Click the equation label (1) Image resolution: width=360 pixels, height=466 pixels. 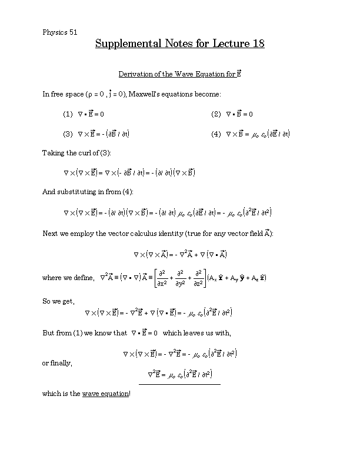(x=68, y=114)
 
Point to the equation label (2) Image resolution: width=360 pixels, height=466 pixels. (x=216, y=114)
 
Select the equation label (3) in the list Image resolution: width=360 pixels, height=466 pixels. (x=68, y=134)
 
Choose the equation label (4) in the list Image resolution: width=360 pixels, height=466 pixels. (x=216, y=134)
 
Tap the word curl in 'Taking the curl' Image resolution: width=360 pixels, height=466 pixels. (x=79, y=153)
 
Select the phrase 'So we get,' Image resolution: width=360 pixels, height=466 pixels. (x=58, y=301)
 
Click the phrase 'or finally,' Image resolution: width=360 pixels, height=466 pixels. (x=58, y=363)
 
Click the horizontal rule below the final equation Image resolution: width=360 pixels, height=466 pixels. (x=179, y=384)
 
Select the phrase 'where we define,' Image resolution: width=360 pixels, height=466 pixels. (x=68, y=277)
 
